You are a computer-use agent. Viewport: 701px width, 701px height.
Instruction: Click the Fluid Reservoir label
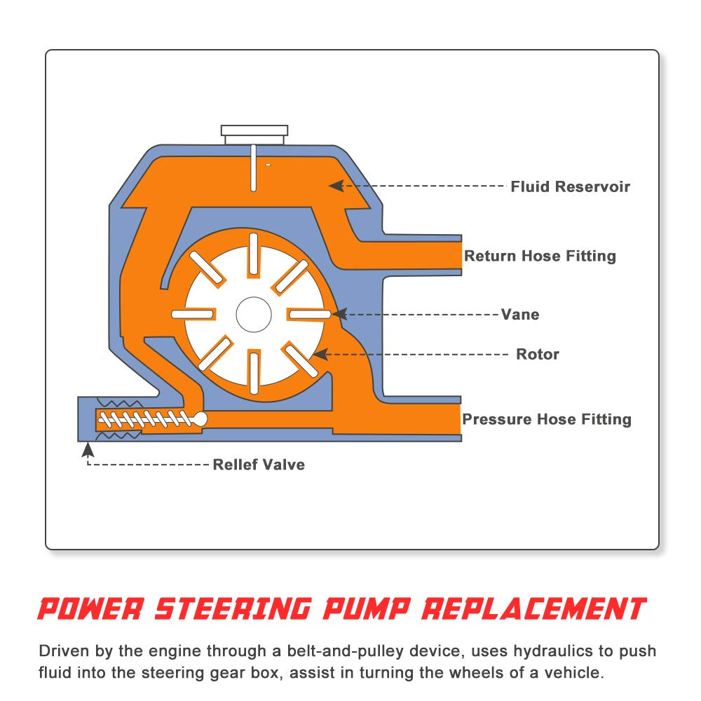(x=570, y=186)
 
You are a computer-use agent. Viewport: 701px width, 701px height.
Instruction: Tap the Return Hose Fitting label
(x=540, y=256)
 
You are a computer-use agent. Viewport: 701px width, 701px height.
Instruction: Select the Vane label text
(x=520, y=314)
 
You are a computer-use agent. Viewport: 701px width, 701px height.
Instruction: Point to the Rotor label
(x=538, y=354)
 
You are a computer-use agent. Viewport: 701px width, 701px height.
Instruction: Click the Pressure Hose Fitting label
(x=546, y=419)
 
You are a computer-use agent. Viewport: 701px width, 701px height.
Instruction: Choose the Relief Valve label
(x=259, y=465)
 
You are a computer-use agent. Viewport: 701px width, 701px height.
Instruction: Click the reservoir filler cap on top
(x=254, y=134)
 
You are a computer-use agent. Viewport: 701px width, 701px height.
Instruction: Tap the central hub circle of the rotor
(x=254, y=314)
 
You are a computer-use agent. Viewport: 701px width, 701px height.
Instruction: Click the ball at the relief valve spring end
(x=200, y=419)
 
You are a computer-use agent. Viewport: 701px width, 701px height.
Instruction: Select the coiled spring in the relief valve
(x=145, y=419)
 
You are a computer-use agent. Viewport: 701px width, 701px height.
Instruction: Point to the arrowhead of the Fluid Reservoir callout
(x=336, y=186)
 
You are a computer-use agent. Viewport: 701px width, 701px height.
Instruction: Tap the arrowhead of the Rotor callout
(x=320, y=355)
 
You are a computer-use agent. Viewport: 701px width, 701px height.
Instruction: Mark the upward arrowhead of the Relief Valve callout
(x=88, y=449)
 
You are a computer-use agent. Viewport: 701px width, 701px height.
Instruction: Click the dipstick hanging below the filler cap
(x=254, y=168)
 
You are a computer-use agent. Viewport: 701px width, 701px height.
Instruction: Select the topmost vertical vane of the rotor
(x=254, y=254)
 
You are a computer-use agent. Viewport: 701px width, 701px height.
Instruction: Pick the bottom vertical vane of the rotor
(x=254, y=374)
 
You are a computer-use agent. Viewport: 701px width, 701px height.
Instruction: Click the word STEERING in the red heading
(x=233, y=609)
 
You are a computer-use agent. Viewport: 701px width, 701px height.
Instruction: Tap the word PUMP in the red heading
(x=367, y=609)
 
